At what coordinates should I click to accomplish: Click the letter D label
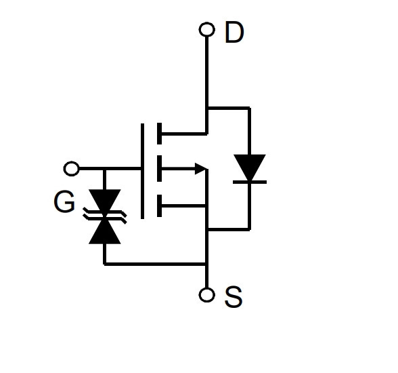[x=234, y=33]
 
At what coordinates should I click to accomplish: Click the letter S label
[x=234, y=296]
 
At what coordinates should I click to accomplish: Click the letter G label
[x=64, y=201]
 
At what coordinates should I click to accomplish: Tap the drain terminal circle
[x=207, y=29]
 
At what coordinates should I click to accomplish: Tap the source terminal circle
[x=207, y=295]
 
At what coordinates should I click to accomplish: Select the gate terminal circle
[x=71, y=168]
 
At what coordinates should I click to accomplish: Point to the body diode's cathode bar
[x=250, y=182]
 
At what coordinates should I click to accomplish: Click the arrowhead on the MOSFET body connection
[x=200, y=169]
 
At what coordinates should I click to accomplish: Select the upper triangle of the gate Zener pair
[x=104, y=201]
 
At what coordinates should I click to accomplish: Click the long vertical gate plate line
[x=142, y=171]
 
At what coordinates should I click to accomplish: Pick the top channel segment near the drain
[x=160, y=134]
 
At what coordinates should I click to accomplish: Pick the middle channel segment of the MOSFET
[x=160, y=169]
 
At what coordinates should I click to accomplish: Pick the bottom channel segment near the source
[x=160, y=205]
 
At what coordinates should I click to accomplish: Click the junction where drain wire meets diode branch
[x=207, y=109]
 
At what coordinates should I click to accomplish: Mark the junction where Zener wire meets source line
[x=207, y=264]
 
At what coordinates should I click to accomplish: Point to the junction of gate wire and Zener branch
[x=104, y=169]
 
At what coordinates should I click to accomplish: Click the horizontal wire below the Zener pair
[x=155, y=264]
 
